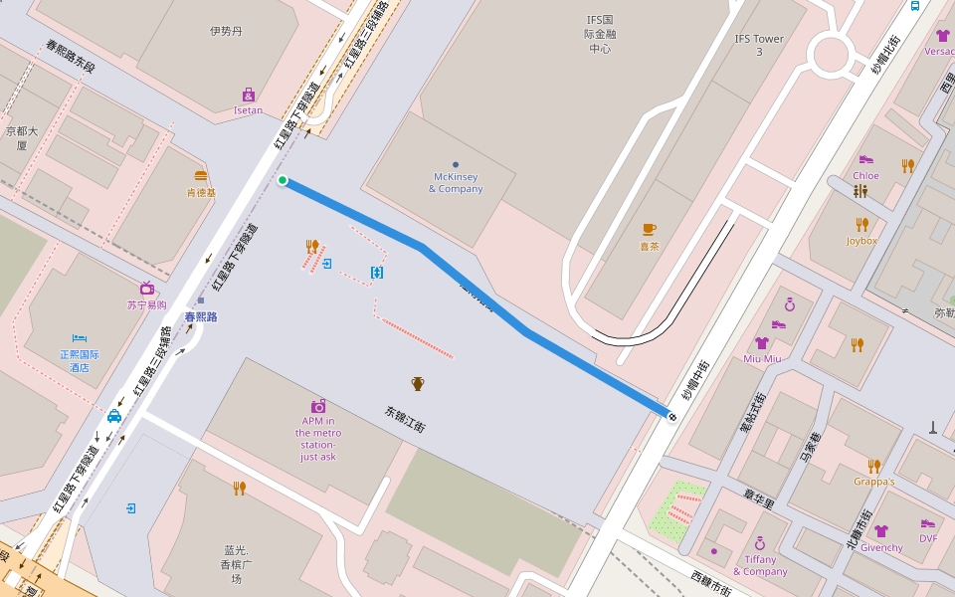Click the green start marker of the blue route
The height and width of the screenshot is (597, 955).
[283, 180]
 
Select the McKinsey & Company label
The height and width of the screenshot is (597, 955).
[456, 183]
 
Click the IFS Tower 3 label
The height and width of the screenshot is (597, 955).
[759, 45]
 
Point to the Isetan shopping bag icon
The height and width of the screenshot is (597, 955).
[249, 95]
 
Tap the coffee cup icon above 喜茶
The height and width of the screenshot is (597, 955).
[649, 229]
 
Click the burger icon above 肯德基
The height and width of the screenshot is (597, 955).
[201, 176]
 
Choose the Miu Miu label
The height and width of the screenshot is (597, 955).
[761, 358]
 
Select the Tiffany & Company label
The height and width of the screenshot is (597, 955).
[760, 565]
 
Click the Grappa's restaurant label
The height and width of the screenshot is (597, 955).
[873, 482]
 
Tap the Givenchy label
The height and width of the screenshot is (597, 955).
[881, 547]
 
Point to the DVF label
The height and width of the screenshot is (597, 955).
[928, 538]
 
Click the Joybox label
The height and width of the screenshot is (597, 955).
[861, 241]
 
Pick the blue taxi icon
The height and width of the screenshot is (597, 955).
[114, 416]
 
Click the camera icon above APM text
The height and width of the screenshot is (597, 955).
[318, 406]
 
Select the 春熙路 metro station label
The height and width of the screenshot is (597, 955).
[201, 316]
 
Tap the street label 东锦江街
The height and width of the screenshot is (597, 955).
[405, 418]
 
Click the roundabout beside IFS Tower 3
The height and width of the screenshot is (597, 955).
[831, 55]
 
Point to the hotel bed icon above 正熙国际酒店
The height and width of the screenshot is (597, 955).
[80, 338]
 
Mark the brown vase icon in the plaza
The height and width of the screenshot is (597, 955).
[418, 383]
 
